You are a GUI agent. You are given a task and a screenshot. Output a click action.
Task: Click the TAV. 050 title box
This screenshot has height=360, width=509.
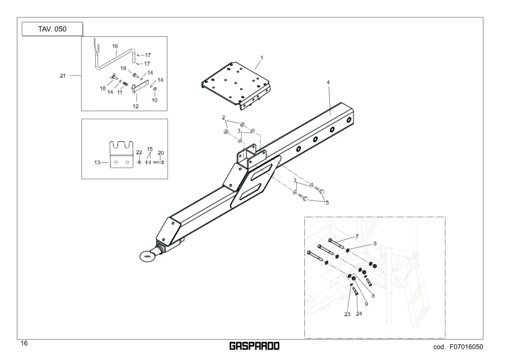tap(52, 29)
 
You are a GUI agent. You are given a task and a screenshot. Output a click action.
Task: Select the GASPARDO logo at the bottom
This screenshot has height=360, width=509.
tap(254, 346)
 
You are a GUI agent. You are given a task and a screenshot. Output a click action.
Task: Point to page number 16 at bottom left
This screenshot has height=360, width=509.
tap(24, 343)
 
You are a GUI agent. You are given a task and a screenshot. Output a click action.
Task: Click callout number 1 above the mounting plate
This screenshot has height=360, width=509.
tap(262, 58)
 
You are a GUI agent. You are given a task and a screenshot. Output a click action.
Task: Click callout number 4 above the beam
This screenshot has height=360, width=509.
tap(328, 82)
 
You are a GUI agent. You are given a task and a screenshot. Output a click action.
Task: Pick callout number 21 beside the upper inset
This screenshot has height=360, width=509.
tap(63, 76)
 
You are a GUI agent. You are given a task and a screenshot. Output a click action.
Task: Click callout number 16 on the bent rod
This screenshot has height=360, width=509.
tap(115, 46)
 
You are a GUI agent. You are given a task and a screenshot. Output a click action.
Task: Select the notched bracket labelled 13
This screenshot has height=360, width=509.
tap(122, 154)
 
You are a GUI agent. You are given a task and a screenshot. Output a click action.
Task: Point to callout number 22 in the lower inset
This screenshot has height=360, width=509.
tap(139, 152)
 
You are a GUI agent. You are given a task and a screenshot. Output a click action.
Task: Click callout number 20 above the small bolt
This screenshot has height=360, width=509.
tap(161, 153)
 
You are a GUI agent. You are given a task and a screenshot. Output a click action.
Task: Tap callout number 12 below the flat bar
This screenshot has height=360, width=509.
tap(135, 106)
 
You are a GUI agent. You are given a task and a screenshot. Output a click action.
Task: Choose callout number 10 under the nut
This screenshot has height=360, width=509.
tap(155, 100)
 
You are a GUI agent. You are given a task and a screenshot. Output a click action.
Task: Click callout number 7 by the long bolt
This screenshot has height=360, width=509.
tap(357, 236)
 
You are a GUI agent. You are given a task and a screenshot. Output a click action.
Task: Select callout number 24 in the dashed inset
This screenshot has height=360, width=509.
tap(359, 314)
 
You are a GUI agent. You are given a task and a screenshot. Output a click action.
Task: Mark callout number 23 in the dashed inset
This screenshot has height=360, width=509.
tap(347, 314)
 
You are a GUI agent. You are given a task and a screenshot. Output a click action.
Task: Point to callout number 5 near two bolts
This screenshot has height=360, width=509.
tap(327, 203)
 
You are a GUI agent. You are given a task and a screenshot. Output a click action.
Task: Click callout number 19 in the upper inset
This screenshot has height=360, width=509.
tap(123, 68)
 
